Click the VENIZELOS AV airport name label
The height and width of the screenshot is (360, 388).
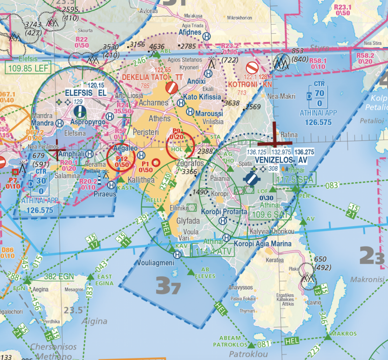tap(280, 160)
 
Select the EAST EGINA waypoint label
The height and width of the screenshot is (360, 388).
tap(105, 280)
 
